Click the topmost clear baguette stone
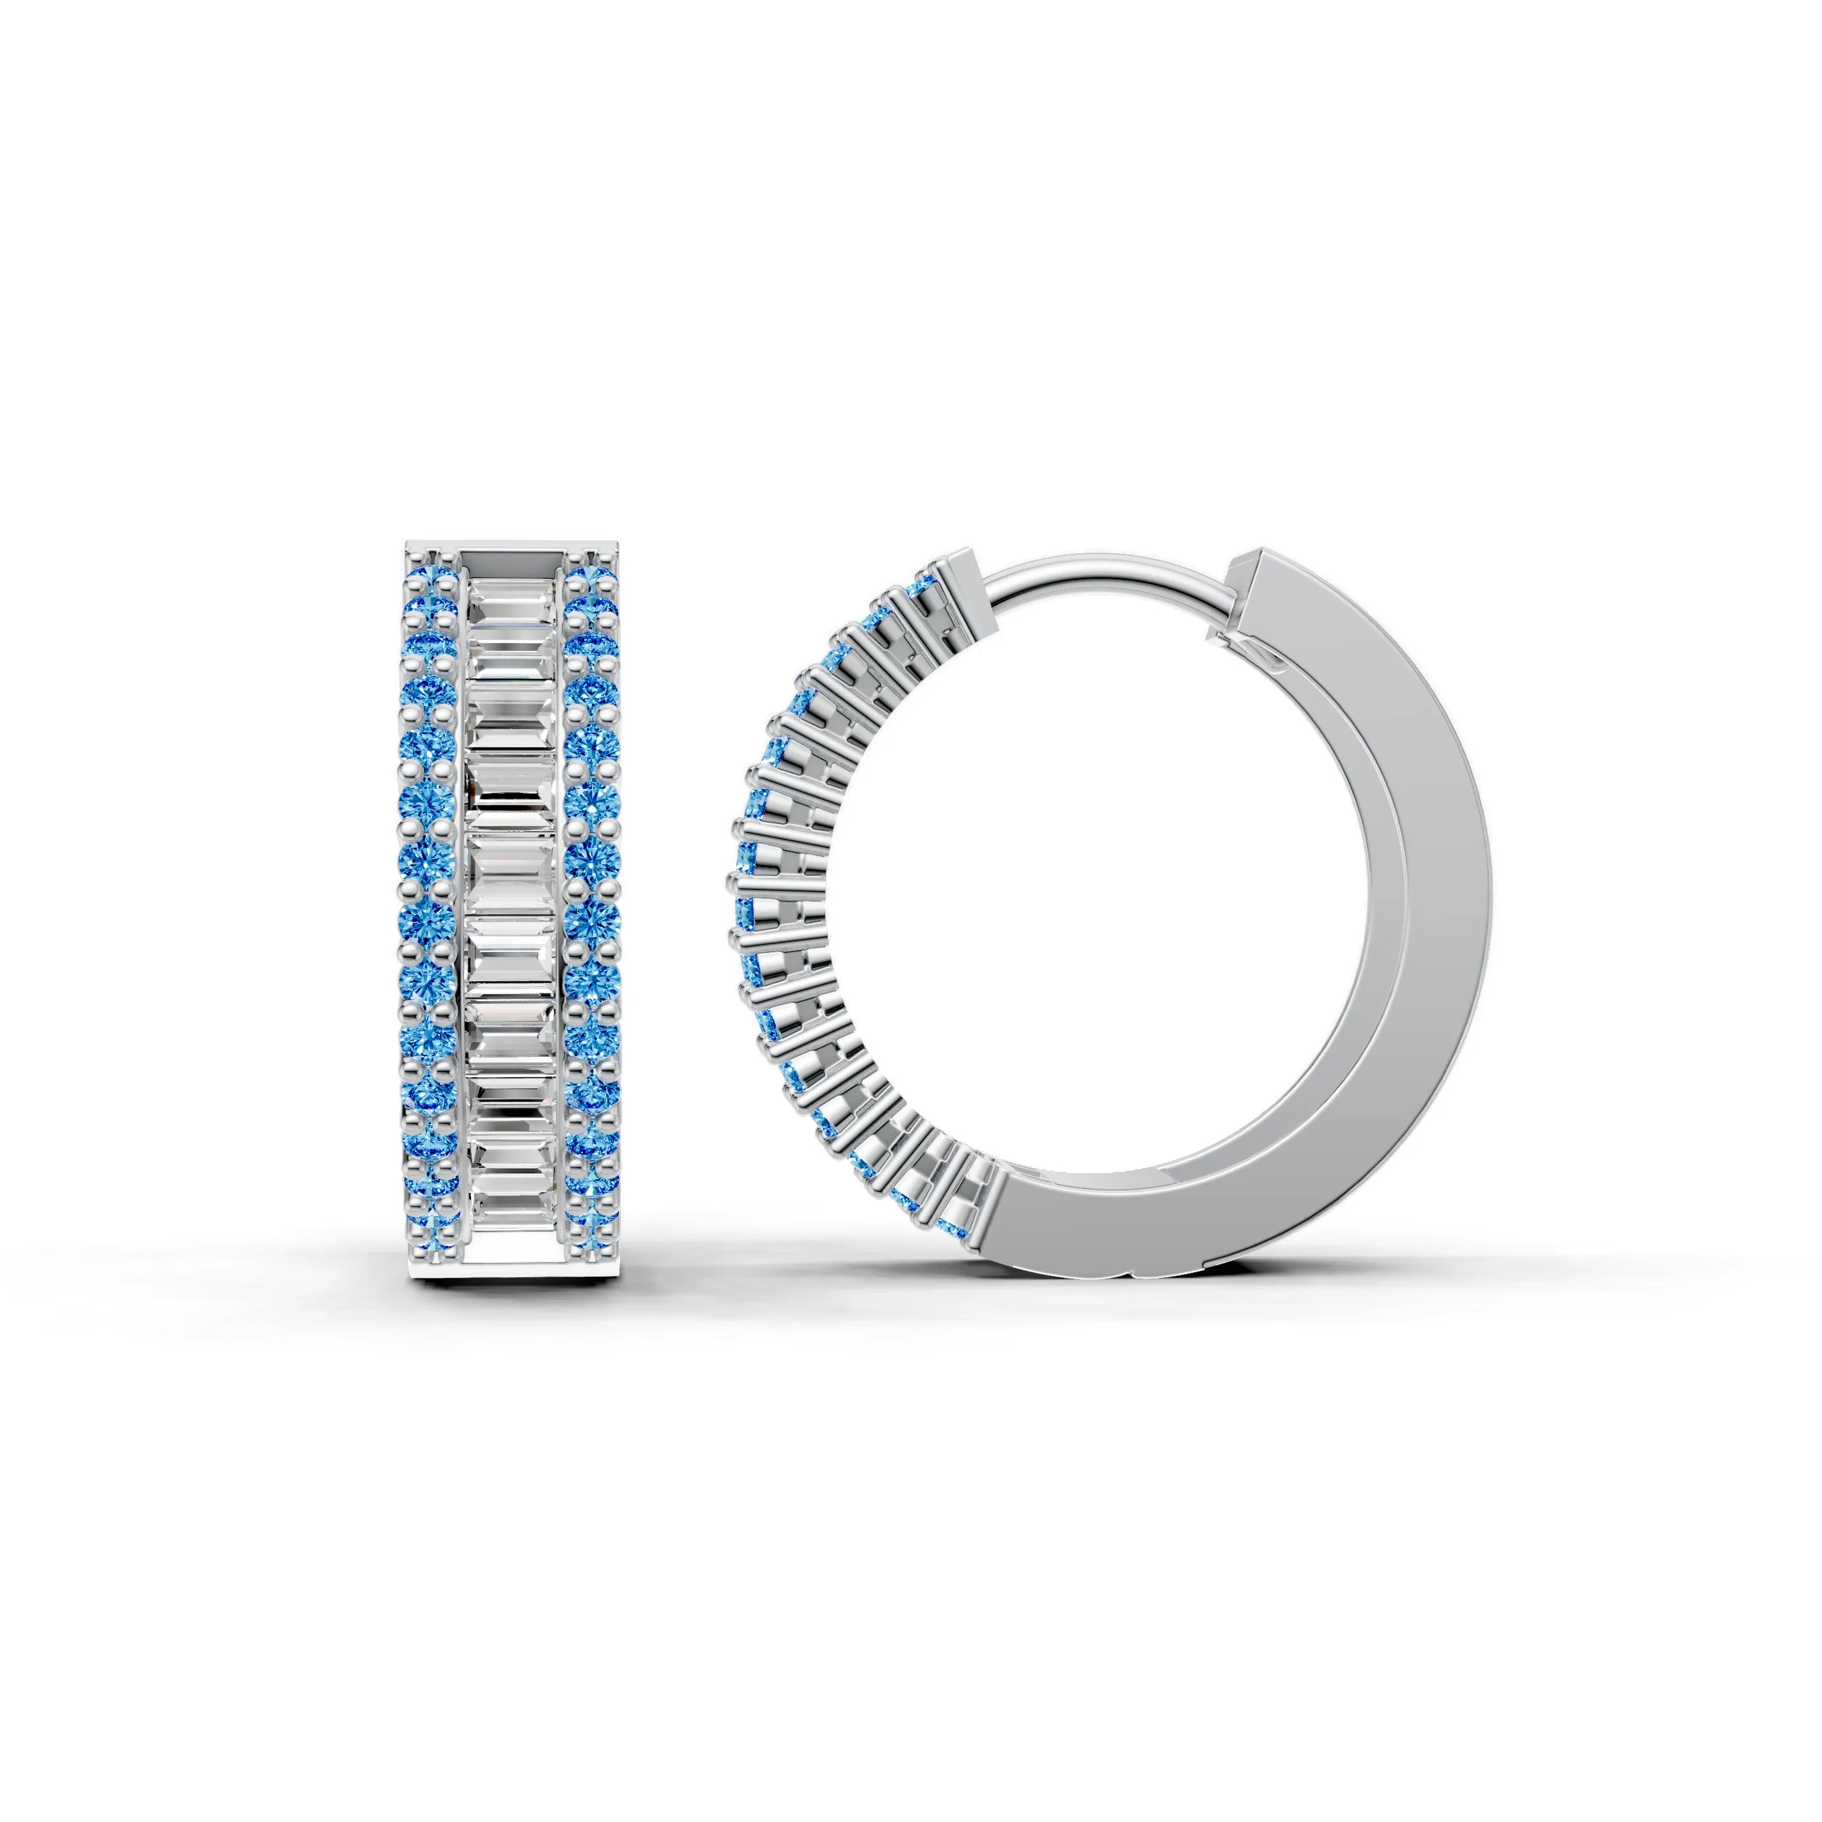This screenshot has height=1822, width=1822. pyautogui.click(x=511, y=594)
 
